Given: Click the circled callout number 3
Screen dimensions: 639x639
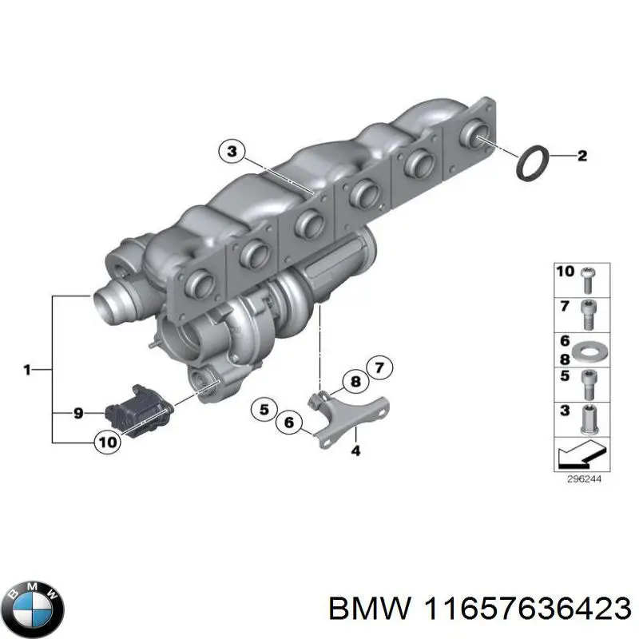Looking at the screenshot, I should (x=231, y=151).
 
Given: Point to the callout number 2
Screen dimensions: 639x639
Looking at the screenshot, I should (x=582, y=157).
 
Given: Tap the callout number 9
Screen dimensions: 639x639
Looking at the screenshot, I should (x=78, y=413).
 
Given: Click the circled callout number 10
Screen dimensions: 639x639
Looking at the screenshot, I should (x=107, y=441).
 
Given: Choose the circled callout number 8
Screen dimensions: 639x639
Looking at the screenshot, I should (x=352, y=383).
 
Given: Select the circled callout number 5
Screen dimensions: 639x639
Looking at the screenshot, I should (x=264, y=410).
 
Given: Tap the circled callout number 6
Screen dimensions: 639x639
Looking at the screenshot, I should (x=289, y=423).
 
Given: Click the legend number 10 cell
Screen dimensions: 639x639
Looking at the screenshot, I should (x=566, y=272).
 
